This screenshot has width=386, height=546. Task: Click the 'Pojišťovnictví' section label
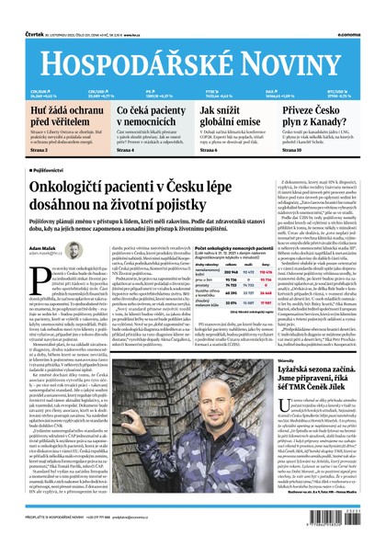point(51,171)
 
